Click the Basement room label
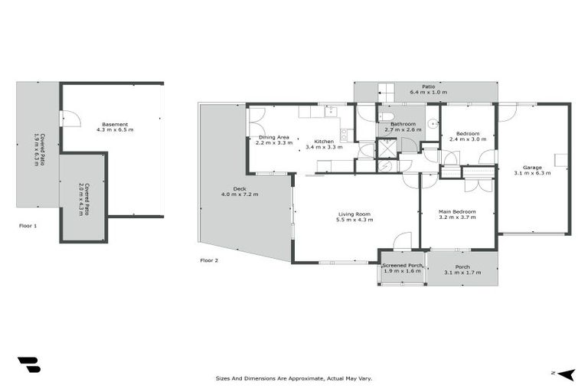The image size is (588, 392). point(115,124)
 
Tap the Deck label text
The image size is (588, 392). point(240,188)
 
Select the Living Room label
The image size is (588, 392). point(354,214)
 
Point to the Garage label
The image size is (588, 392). point(532,167)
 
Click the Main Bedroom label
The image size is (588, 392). point(457,211)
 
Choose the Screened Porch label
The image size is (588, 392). point(402,265)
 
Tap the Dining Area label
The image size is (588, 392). point(274,136)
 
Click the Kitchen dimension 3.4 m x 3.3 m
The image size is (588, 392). point(323,146)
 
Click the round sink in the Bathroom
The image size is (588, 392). point(433,121)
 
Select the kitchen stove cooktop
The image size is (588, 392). point(344,136)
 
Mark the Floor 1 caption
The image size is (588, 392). point(28,226)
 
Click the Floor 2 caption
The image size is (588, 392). point(209,260)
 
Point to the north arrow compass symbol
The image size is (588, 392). point(565,374)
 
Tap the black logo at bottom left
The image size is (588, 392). point(28,365)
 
